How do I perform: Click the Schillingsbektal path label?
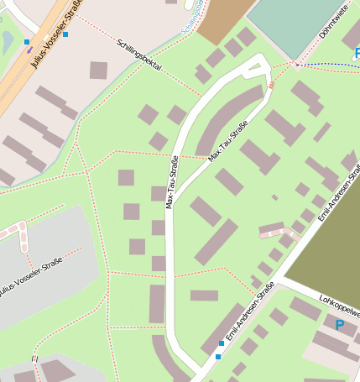[x=139, y=55]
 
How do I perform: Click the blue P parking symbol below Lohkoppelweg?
[x=340, y=324]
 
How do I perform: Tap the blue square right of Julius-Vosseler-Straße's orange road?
[x=65, y=34]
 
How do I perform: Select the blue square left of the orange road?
[x=27, y=42]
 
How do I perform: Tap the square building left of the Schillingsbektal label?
[x=99, y=70]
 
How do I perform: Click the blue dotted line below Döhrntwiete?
[x=327, y=64]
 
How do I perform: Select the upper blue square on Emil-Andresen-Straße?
[x=222, y=343]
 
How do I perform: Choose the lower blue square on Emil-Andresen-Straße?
[x=217, y=357]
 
